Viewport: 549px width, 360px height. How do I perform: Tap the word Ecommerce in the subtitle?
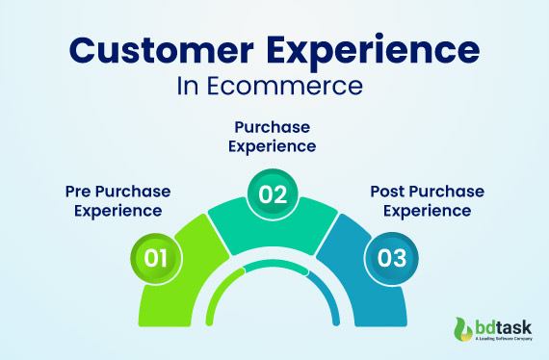tap(286, 87)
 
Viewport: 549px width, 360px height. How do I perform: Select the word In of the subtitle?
tap(189, 87)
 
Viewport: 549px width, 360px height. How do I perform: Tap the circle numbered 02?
tap(274, 194)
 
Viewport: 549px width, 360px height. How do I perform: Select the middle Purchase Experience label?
tap(274, 136)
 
